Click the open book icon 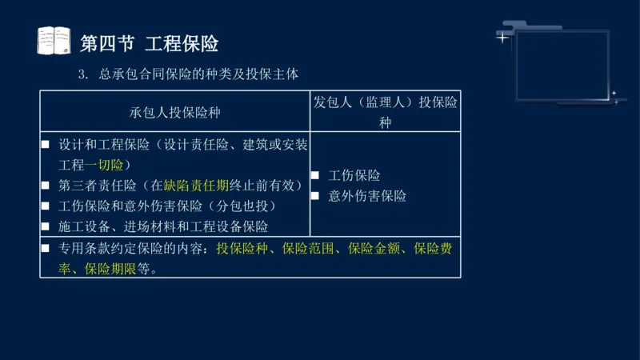tap(54, 41)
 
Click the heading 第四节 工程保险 tap(150, 42)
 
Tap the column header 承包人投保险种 tap(175, 112)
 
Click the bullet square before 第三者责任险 tap(47, 186)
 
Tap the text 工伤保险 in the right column tap(354, 175)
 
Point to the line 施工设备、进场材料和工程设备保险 tap(163, 227)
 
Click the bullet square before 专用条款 tap(47, 248)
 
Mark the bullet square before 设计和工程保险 tap(47, 145)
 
